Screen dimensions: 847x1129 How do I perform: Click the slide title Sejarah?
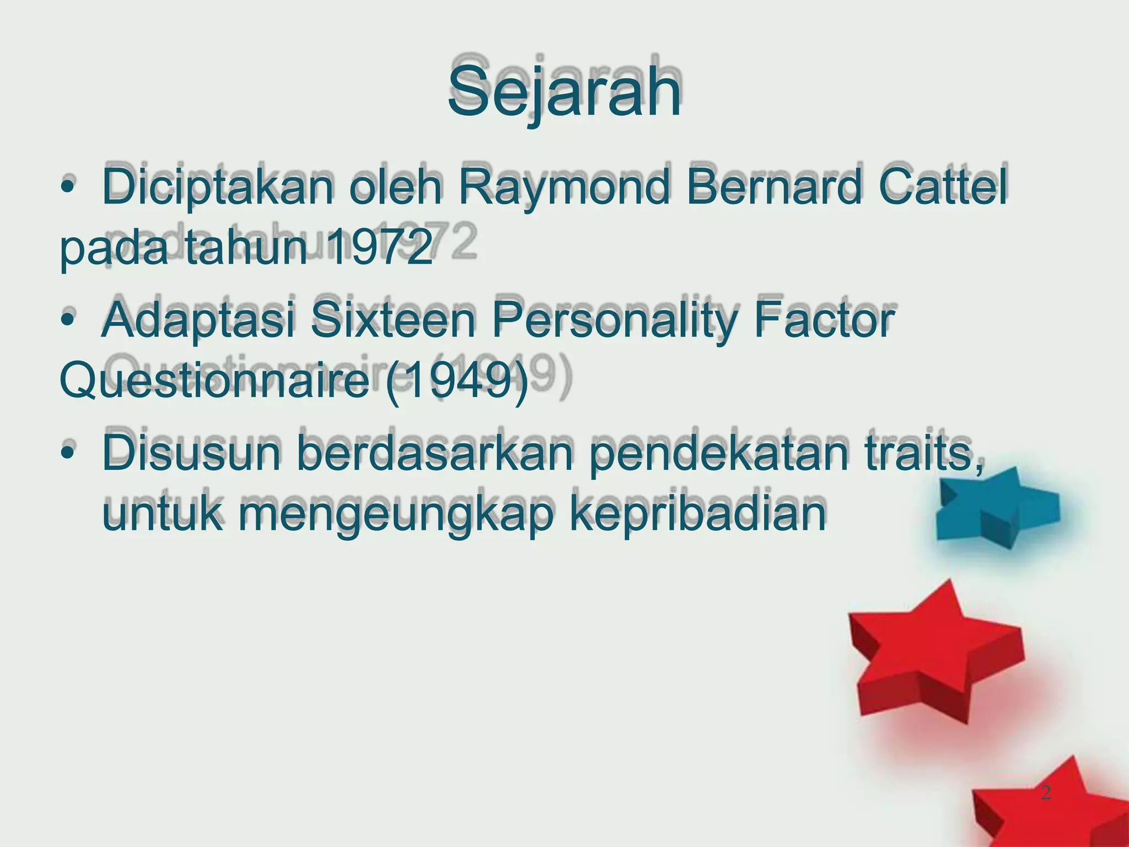564,91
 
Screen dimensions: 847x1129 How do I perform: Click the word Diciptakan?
218,186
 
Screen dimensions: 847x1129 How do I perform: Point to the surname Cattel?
943,186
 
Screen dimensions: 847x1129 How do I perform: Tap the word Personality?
614,321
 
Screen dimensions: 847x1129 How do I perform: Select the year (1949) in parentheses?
457,382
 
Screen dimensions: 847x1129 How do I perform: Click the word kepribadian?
697,513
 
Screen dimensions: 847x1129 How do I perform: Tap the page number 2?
1046,793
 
